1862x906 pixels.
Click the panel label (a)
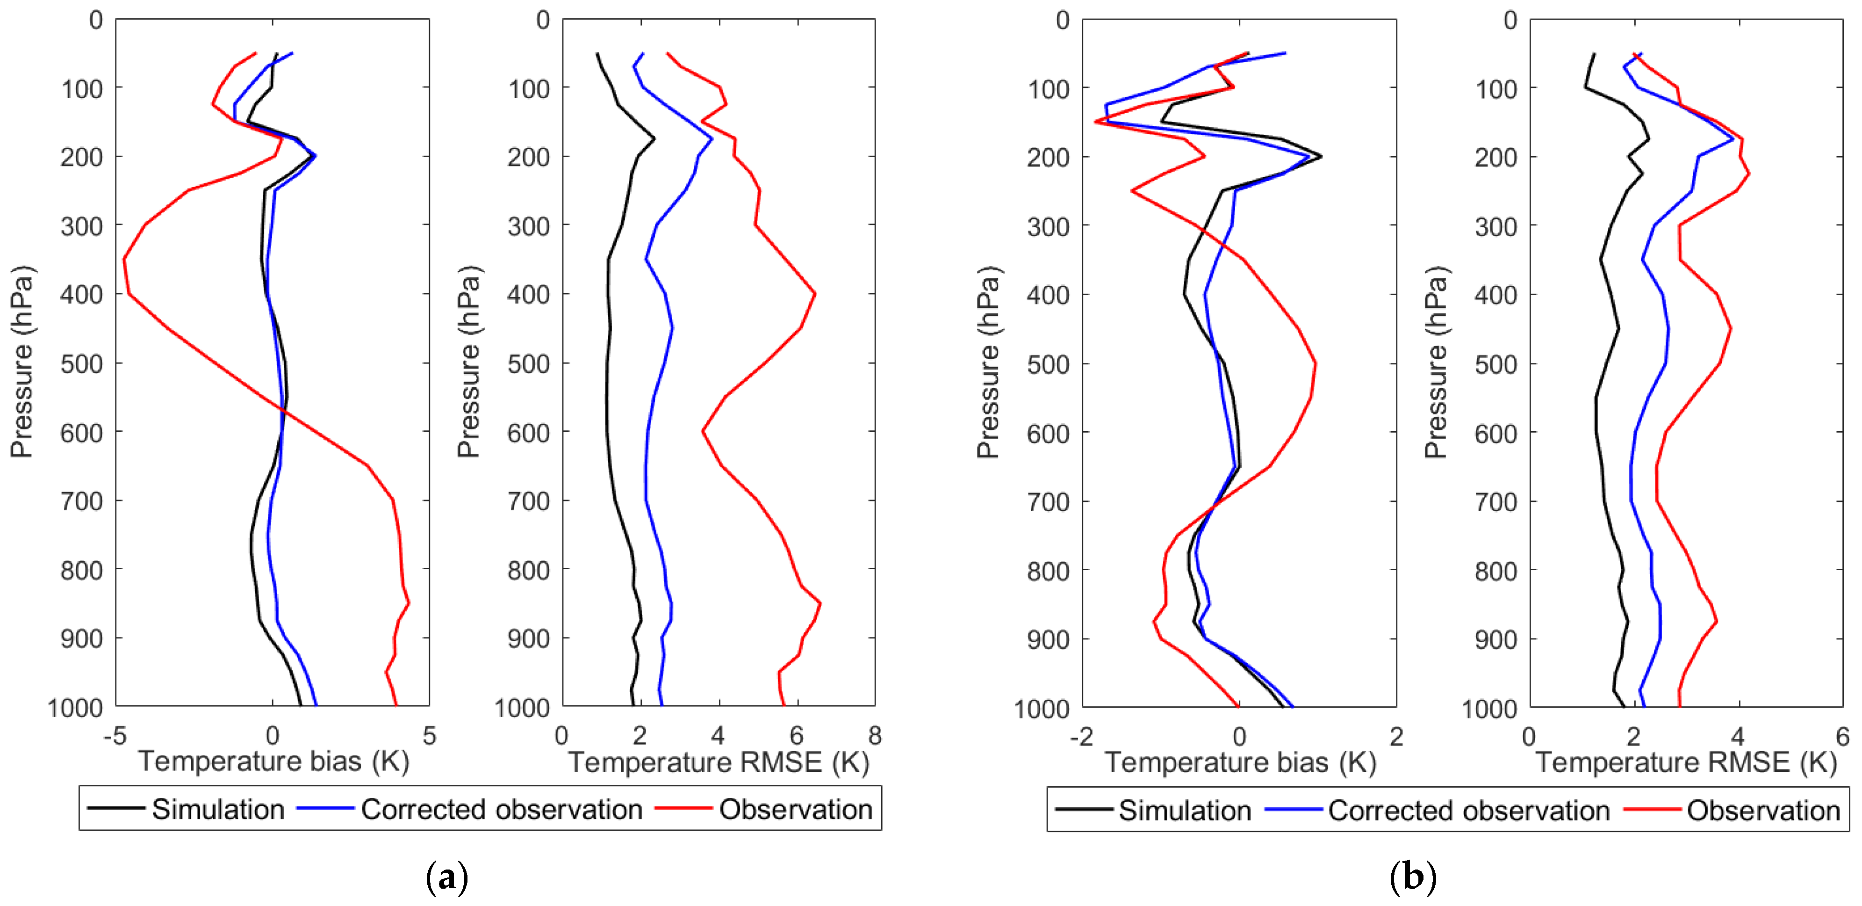coord(447,877)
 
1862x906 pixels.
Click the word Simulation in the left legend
coord(217,809)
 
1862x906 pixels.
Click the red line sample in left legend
coord(683,808)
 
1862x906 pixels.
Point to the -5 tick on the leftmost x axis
coord(115,736)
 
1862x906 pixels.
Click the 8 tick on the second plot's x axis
coord(875,736)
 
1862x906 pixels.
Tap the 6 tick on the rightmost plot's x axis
coord(1842,737)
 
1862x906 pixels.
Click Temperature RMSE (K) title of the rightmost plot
coord(1686,762)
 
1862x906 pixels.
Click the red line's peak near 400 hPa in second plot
coord(815,294)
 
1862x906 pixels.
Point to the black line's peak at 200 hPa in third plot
coord(1321,156)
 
